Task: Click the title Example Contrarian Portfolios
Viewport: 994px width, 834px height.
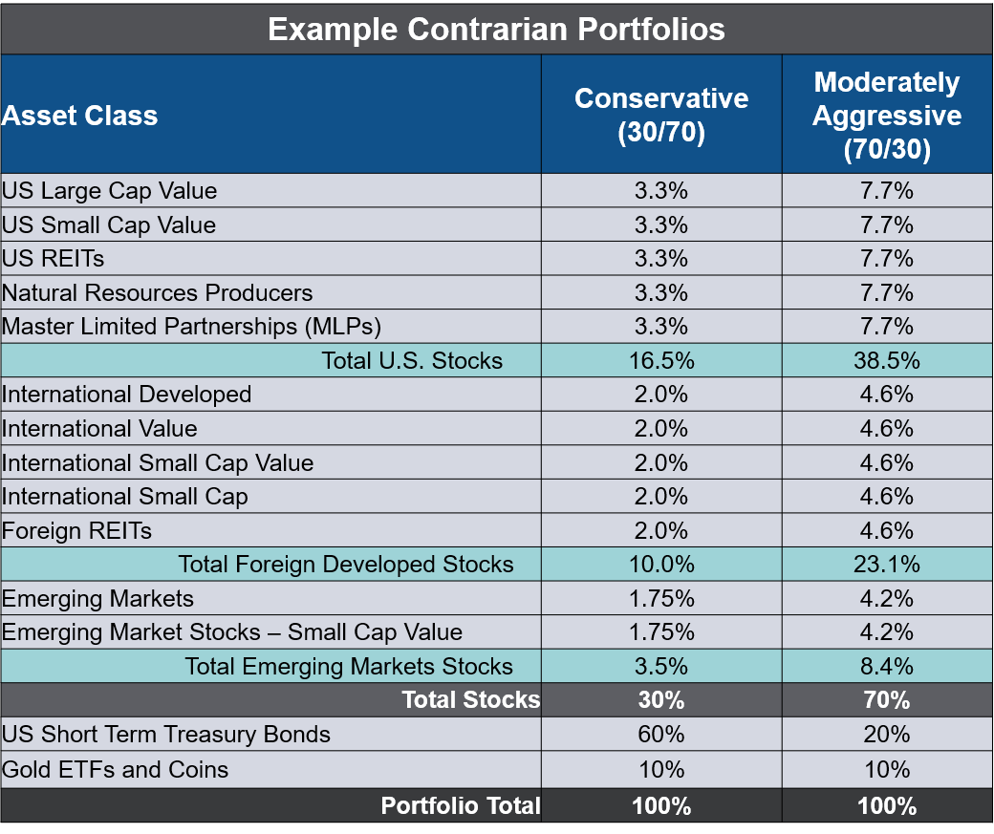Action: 496,29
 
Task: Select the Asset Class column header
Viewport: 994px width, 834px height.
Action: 80,116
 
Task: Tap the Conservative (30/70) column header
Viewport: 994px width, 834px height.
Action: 661,115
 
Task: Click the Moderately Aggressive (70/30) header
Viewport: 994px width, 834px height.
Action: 887,116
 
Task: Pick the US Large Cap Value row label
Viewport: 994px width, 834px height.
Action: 110,191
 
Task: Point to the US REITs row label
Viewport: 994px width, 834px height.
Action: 54,259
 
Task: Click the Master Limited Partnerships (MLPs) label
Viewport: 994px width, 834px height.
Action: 191,327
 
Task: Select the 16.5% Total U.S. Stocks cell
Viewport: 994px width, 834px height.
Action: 661,360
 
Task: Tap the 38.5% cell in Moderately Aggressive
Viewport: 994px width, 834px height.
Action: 887,360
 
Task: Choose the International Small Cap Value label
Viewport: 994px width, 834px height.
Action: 158,463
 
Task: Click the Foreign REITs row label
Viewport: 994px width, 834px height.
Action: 77,531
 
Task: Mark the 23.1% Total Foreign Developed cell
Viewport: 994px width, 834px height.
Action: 887,565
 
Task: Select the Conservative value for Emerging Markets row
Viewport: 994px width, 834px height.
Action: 661,599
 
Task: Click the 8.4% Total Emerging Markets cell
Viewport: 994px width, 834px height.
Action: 887,667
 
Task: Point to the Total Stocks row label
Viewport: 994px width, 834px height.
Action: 470,700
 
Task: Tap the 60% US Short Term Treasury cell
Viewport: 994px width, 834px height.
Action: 661,735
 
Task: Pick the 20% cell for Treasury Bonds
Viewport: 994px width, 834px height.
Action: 887,735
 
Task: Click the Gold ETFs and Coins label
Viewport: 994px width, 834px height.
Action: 116,769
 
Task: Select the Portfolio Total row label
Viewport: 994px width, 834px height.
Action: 460,805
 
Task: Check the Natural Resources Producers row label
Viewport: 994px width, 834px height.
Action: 158,292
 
